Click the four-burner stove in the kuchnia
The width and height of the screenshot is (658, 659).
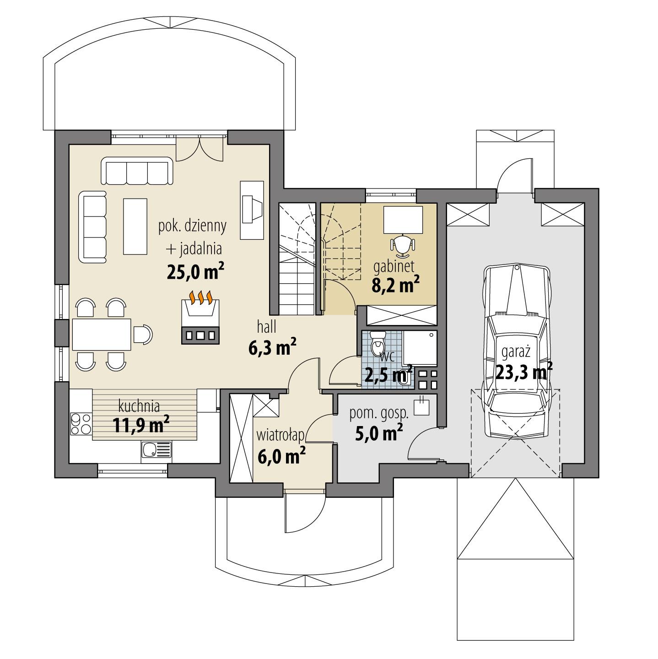(80, 424)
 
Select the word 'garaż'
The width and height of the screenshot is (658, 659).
(516, 352)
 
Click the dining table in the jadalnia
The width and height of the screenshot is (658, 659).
(101, 334)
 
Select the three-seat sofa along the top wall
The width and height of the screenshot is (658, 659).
(137, 171)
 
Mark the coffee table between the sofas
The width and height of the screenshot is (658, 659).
(135, 226)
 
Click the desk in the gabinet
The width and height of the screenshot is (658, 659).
(403, 220)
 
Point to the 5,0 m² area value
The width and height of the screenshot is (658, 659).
(379, 432)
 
